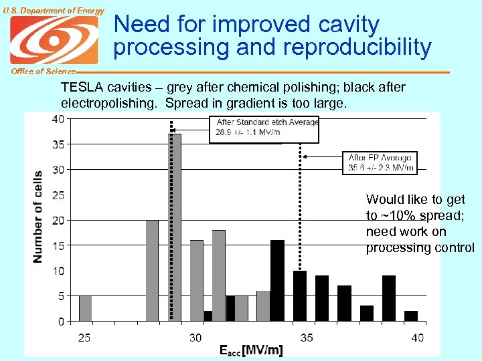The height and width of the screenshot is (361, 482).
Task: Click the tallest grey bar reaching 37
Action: click(x=175, y=227)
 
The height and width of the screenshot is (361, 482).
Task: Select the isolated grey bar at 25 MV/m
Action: click(x=85, y=308)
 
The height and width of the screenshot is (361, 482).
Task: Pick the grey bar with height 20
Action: click(x=152, y=270)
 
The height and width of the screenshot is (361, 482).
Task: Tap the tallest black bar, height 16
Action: click(x=277, y=280)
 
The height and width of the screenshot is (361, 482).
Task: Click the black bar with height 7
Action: click(x=344, y=304)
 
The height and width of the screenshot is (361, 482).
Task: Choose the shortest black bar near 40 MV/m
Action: click(x=411, y=316)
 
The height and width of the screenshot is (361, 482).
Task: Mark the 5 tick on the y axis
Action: click(x=61, y=296)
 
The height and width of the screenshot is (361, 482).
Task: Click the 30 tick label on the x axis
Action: click(x=195, y=338)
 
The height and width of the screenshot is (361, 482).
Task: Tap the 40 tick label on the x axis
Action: click(x=418, y=338)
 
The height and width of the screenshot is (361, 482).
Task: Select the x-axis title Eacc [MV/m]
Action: click(x=251, y=350)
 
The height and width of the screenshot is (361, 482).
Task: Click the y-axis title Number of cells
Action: click(x=38, y=216)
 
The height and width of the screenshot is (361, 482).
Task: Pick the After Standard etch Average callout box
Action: click(x=264, y=128)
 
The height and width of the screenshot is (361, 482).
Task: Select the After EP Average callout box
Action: click(x=380, y=162)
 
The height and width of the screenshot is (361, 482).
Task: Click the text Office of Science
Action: click(x=38, y=72)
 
